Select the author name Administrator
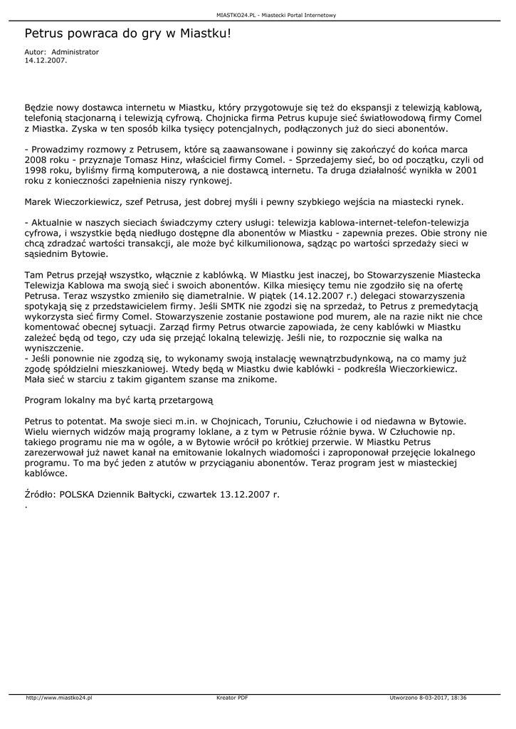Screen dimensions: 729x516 [x=75, y=52]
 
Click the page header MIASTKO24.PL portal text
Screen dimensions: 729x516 [x=277, y=14]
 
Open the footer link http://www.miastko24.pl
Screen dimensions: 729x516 [x=59, y=698]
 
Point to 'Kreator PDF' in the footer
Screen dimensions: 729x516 [x=232, y=698]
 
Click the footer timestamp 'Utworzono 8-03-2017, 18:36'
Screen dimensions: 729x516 [x=428, y=698]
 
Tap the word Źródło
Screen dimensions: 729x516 [x=40, y=493]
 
